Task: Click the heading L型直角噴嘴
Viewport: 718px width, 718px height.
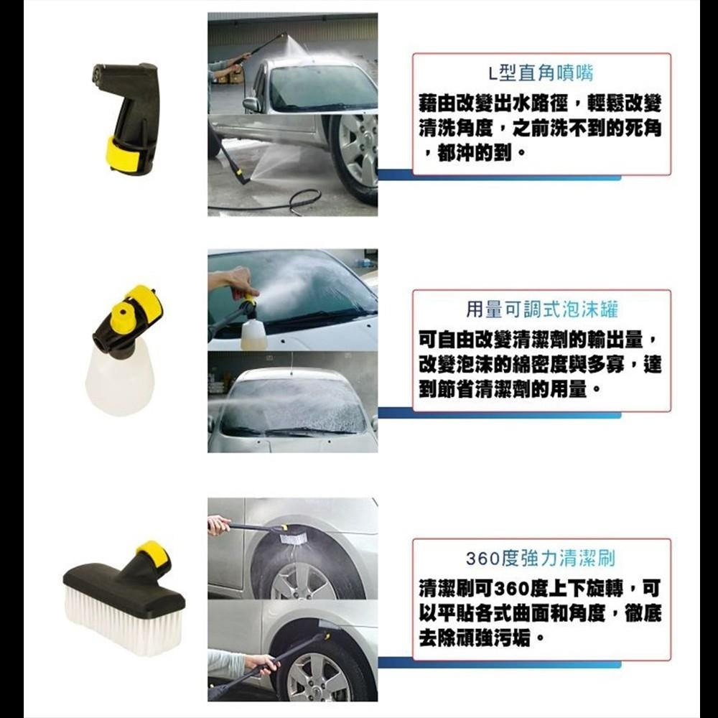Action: tap(541, 73)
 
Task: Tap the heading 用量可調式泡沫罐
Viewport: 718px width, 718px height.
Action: tap(541, 309)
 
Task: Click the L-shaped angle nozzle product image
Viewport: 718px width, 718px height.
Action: tap(128, 115)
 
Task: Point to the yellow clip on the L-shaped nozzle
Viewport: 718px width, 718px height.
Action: tap(121, 153)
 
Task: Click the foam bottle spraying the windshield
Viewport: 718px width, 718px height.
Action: tap(253, 333)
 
